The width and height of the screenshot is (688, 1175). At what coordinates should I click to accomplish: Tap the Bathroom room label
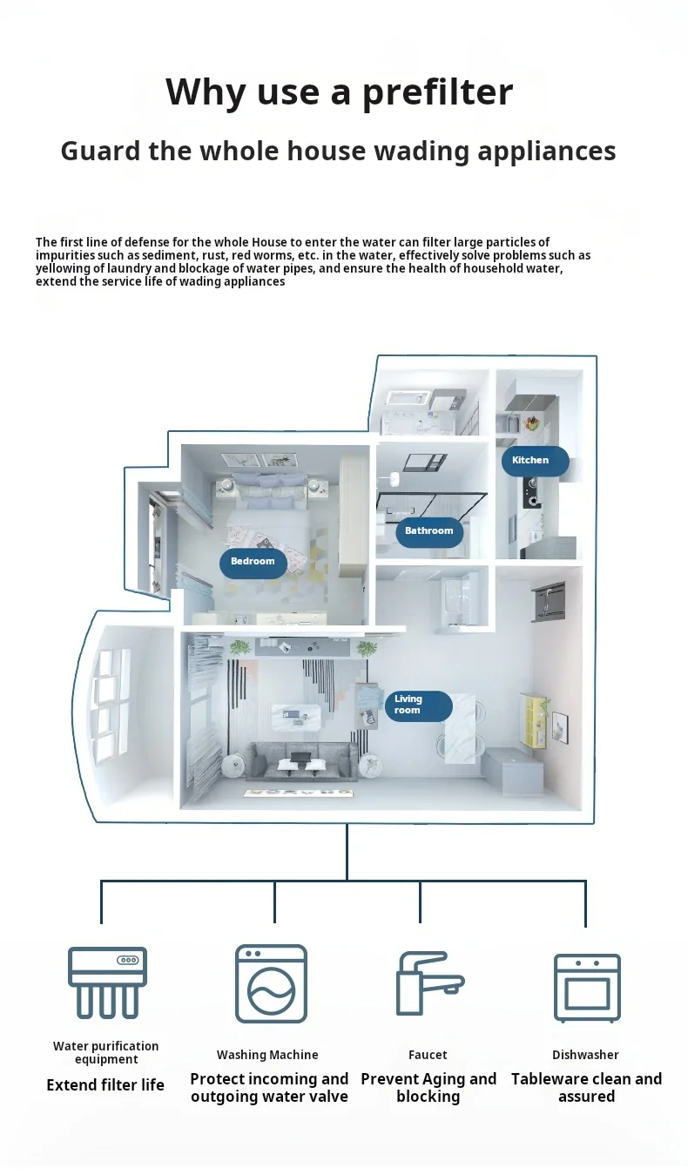pyautogui.click(x=428, y=530)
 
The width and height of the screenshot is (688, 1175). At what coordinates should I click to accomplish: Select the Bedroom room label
pyautogui.click(x=253, y=562)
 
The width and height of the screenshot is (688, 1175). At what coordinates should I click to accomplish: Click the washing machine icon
pyautogui.click(x=272, y=983)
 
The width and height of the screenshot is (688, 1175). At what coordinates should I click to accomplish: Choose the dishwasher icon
pyautogui.click(x=587, y=987)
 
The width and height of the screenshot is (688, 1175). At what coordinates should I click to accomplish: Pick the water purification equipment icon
pyautogui.click(x=107, y=982)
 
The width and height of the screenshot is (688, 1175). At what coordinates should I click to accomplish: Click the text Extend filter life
pyautogui.click(x=105, y=1084)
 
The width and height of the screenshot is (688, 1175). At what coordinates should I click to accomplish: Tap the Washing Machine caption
pyautogui.click(x=267, y=1055)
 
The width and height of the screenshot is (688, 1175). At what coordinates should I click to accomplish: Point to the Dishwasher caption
pyautogui.click(x=585, y=1055)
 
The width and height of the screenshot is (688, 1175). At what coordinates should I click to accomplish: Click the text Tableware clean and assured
pyautogui.click(x=586, y=1087)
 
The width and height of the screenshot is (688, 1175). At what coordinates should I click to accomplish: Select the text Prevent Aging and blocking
pyautogui.click(x=428, y=1087)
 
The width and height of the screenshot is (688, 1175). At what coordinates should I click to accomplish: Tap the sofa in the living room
pyautogui.click(x=300, y=761)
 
